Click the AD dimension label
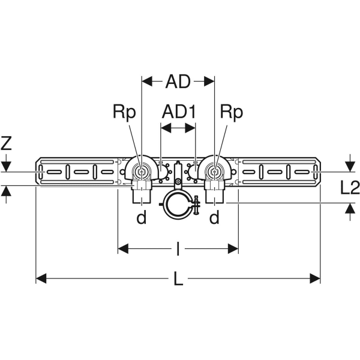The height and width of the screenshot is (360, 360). (178, 80)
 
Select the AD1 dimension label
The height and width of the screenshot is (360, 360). (179, 112)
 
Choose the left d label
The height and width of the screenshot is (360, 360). (141, 218)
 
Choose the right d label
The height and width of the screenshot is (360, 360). (214, 218)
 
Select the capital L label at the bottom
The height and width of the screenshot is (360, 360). (178, 278)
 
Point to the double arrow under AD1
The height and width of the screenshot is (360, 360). (178, 127)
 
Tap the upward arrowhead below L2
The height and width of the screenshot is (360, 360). (350, 208)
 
